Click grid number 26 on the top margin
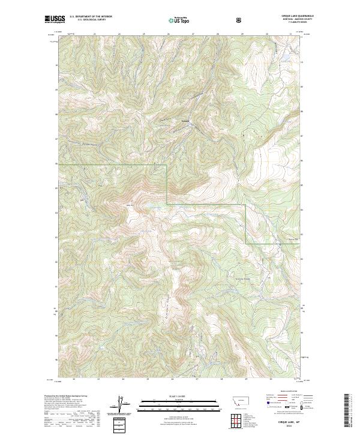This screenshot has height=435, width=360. (x=169, y=34)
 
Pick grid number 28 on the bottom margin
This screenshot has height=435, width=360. (x=221, y=379)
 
